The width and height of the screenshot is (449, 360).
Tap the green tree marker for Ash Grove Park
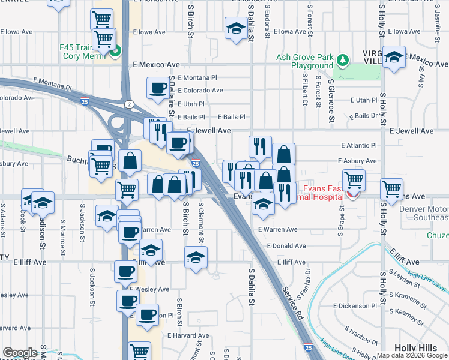342,60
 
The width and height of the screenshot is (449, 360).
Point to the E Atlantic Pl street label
358,145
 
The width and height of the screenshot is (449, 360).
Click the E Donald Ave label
287,246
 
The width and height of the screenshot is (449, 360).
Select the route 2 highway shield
129,104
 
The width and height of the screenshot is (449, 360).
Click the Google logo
20,352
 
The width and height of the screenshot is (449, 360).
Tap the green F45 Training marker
116,50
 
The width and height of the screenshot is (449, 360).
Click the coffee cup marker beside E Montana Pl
158,88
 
